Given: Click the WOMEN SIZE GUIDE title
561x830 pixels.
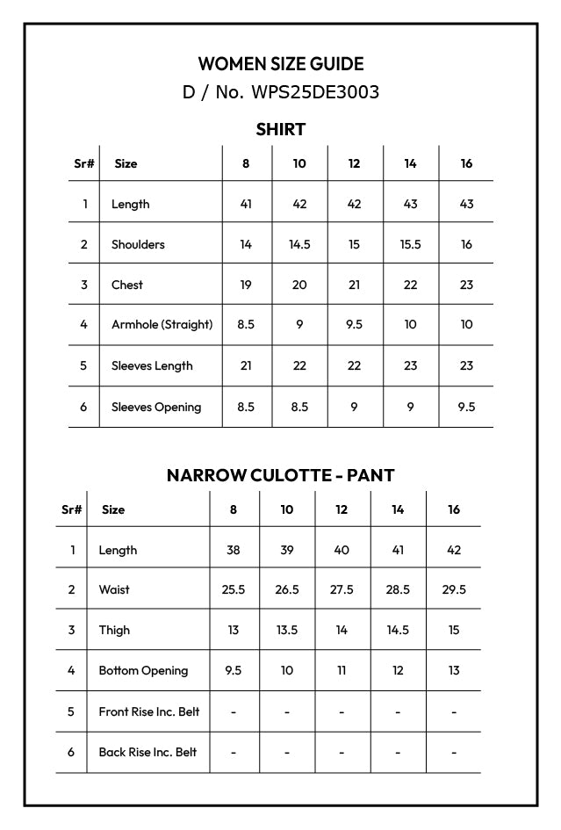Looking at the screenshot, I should (280, 63).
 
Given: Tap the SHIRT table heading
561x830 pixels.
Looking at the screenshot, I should (280, 130).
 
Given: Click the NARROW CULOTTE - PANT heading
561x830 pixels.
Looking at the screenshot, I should (280, 475).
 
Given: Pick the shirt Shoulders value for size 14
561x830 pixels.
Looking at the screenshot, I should (410, 244).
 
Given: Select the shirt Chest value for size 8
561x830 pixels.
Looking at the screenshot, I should (246, 285).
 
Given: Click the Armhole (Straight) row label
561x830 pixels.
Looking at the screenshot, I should (162, 324).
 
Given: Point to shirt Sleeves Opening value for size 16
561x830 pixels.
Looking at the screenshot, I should (466, 407).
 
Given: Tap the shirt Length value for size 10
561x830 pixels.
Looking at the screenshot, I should (299, 204).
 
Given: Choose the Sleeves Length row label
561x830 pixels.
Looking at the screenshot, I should (152, 365).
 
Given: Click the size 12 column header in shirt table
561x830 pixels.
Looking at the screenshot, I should (354, 163).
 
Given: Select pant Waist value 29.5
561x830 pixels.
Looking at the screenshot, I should (453, 589).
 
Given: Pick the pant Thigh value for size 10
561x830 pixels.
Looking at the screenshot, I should (287, 630).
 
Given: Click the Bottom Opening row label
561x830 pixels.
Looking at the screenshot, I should (143, 670).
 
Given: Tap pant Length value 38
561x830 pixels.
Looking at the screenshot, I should (233, 550).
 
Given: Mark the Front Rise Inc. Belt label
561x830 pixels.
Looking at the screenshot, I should (148, 711).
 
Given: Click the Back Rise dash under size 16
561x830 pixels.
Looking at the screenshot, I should (453, 752).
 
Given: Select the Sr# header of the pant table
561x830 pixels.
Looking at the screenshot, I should (72, 509).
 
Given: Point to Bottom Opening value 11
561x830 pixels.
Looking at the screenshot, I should (342, 670).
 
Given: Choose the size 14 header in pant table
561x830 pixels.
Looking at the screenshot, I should (398, 509).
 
